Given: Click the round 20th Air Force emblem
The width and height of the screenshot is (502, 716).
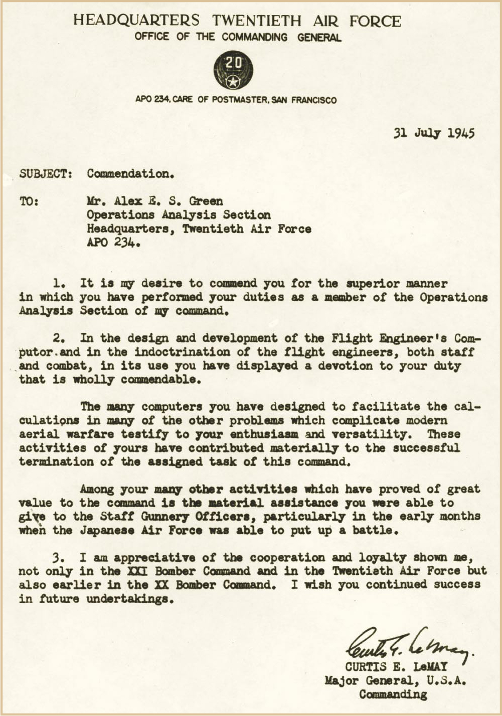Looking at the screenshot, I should pos(233,70).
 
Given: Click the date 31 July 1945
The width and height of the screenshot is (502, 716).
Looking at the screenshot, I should pos(434,133).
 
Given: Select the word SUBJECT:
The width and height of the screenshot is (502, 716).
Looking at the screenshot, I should pos(46,174).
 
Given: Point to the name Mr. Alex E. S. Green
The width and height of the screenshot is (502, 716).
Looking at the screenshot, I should pos(154,201).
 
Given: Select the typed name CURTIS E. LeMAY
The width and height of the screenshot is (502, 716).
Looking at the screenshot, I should pos(396,667).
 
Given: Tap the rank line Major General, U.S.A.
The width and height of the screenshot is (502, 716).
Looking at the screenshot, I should pos(396,681).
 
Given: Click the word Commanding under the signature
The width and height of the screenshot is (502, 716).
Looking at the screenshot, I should pos(393,695).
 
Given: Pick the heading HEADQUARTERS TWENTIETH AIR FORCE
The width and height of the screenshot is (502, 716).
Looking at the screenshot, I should pos(237,21).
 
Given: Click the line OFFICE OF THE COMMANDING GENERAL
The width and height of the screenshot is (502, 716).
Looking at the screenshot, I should pos(238,37).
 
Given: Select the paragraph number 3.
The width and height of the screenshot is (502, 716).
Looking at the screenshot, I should pos(56,557).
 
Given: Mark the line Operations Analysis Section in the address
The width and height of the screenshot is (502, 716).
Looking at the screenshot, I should pos(179,215).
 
